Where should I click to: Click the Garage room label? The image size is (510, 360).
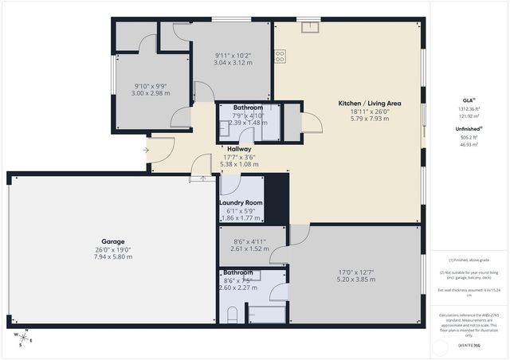coord(112,241)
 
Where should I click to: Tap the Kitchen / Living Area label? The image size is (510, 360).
coord(369,104)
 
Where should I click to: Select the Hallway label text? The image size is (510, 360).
coord(239,149)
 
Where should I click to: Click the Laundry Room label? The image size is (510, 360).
coord(241,202)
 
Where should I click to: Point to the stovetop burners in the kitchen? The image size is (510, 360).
coord(280,56)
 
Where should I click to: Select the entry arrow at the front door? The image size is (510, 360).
coord(146,149)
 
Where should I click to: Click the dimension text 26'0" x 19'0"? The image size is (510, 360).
coord(112,249)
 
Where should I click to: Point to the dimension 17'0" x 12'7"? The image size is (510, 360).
coord(355,271)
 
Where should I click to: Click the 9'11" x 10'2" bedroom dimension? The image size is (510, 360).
coord(232,56)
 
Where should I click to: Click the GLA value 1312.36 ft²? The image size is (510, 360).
coord(469,110)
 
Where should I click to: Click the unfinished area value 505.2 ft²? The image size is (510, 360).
coord(469,136)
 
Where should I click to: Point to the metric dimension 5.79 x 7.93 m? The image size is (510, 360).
coord(369,119)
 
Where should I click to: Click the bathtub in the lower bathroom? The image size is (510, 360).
coord(265,313)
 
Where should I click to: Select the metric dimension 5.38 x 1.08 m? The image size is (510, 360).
coord(239,164)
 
